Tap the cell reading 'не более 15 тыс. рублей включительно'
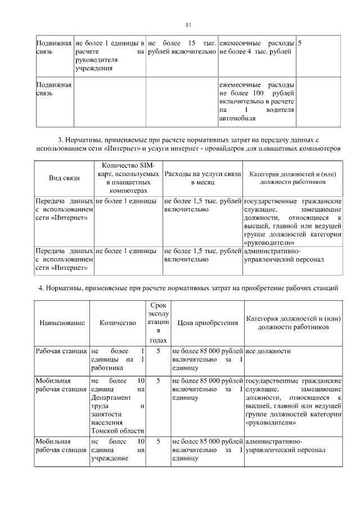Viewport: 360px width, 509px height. point(182,48)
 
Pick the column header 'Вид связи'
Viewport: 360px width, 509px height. point(64,178)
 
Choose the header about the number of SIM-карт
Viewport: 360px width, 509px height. point(128,178)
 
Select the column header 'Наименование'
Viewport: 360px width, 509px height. point(62,323)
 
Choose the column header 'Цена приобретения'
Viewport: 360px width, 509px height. point(208,323)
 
